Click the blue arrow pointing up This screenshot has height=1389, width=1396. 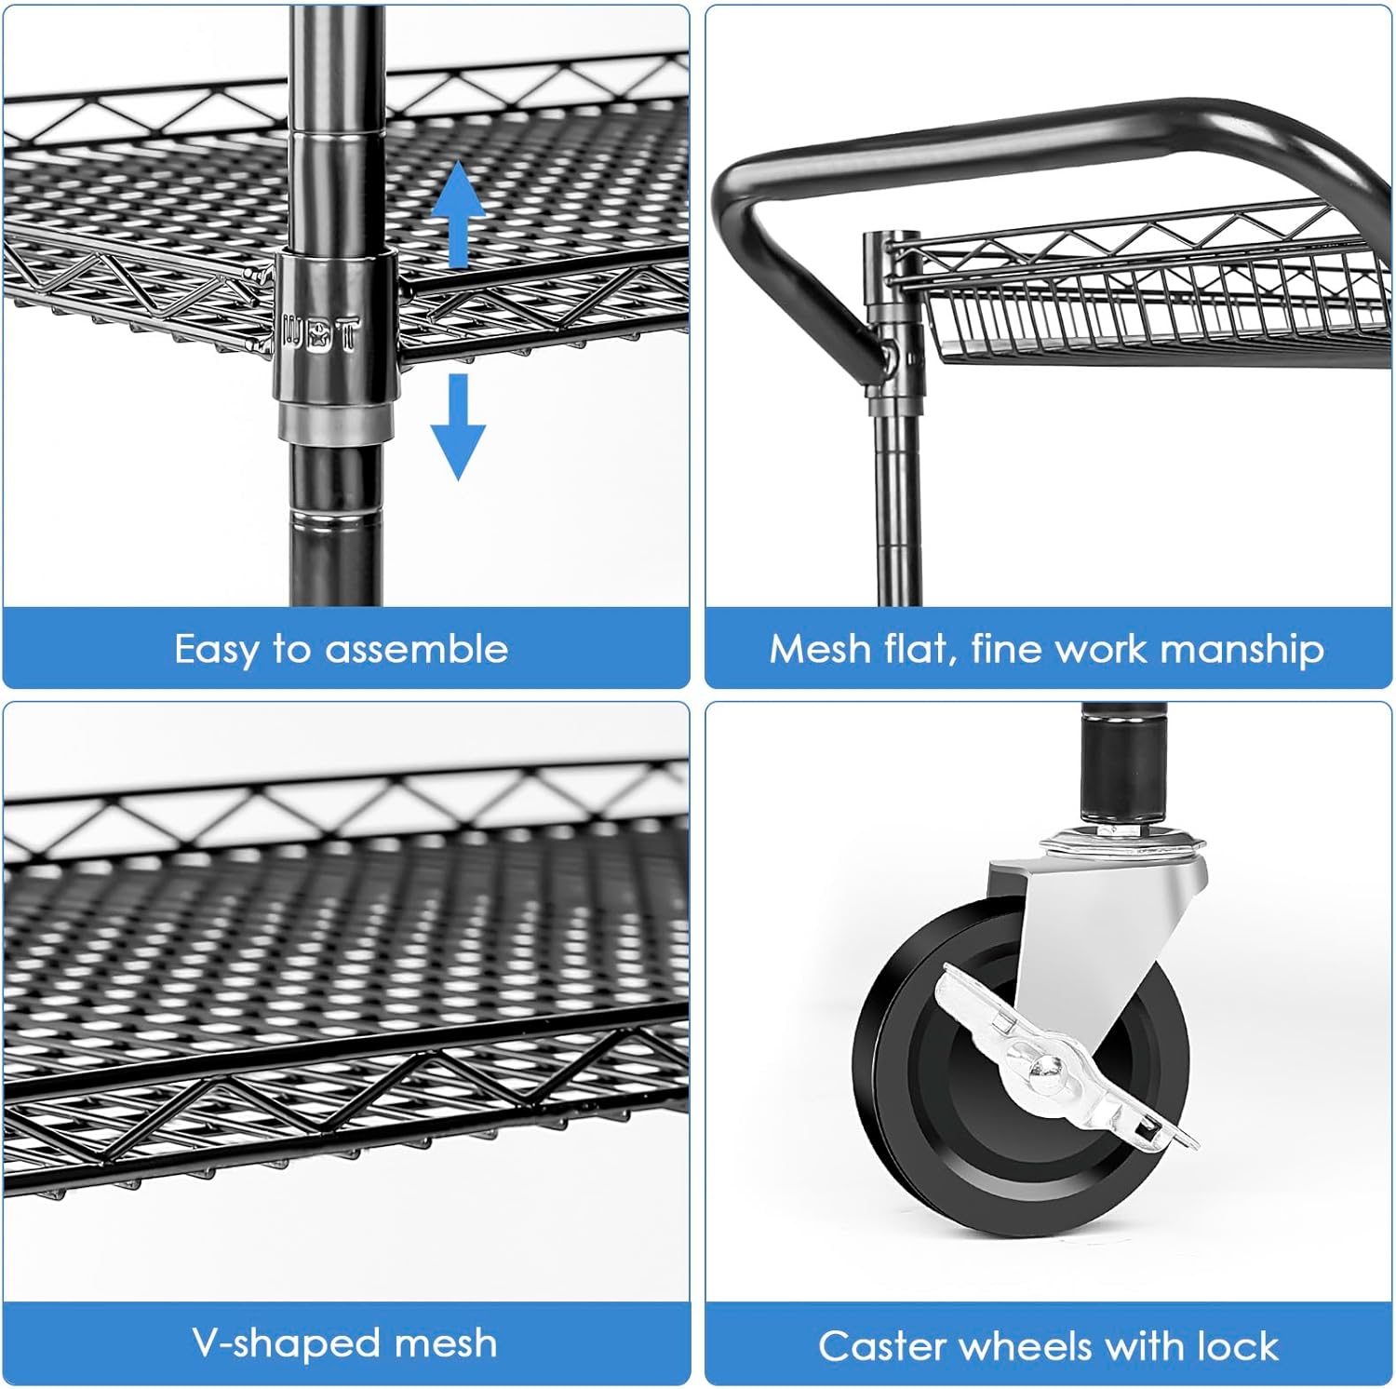458,214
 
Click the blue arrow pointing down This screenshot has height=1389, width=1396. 458,426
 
